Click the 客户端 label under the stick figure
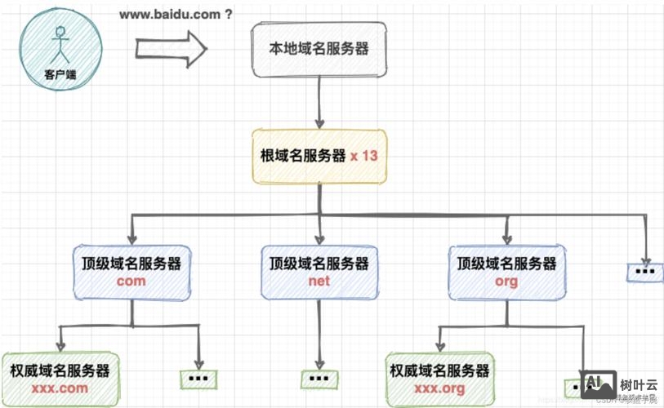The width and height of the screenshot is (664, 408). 59,74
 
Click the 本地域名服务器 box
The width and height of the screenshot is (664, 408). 319,50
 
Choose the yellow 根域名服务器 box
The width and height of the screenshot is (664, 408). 319,156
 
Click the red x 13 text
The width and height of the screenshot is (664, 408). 364,156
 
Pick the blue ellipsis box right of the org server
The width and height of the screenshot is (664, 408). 645,271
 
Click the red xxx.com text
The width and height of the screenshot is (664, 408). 60,388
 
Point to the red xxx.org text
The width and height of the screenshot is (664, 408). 440,388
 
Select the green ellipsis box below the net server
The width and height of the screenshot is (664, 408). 319,379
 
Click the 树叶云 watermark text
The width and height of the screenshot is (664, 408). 634,384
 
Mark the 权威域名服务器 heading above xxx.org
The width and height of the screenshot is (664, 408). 440,370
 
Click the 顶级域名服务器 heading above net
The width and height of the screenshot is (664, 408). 319,264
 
